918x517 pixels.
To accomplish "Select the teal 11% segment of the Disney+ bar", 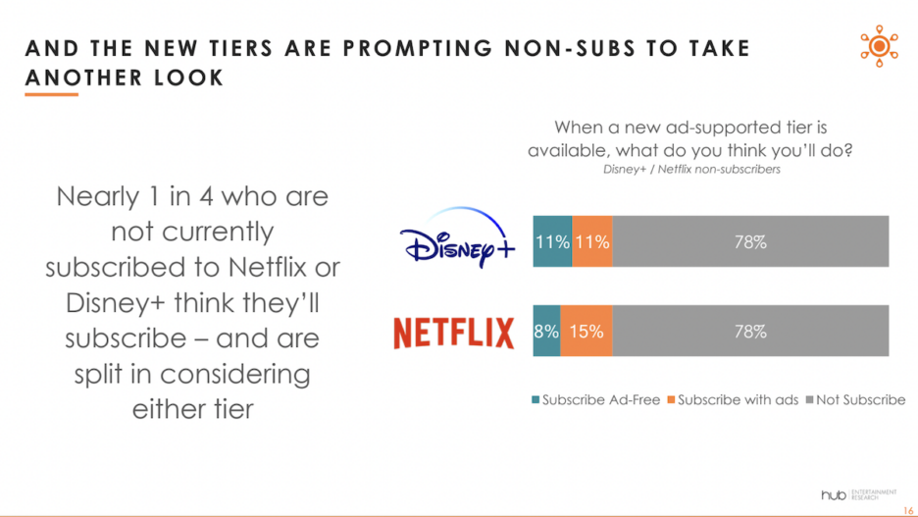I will (552, 241).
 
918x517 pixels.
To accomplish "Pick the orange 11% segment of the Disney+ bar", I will (592, 241).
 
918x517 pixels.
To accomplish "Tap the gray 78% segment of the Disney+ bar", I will (750, 241).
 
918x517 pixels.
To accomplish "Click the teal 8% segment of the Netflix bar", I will (546, 332).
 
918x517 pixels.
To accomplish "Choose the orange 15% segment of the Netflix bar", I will (586, 332).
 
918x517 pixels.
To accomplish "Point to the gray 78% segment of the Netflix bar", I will (750, 332).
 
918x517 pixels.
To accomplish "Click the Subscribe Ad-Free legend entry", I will (595, 400).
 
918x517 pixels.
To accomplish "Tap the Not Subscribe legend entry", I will (856, 400).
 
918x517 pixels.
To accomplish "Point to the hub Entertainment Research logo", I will (859, 491).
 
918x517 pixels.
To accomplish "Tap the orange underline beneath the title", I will (52, 94).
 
